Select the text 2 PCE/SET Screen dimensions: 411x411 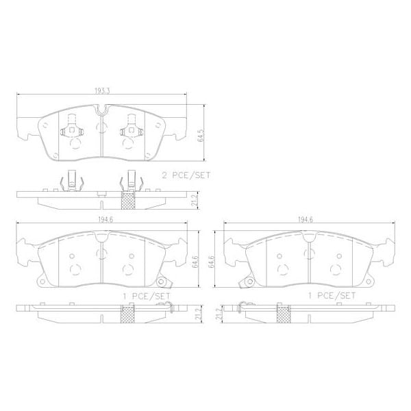[x=185, y=175]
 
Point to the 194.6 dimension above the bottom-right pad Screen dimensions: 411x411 [x=306, y=221]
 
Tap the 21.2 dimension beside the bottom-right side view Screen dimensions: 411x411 [x=219, y=315]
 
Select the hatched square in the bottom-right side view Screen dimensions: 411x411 [x=282, y=314]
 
